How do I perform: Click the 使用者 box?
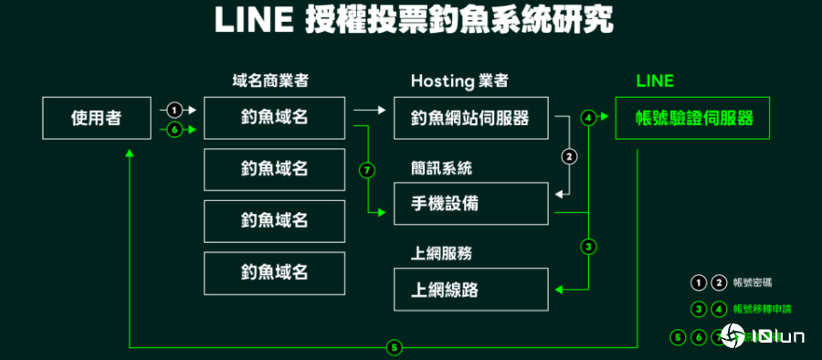97,117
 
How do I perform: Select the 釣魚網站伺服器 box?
470,117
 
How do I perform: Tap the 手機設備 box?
470,203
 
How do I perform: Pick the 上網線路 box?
470,290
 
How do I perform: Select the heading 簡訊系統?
441,168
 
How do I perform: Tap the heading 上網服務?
441,253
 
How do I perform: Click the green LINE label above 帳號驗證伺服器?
655,80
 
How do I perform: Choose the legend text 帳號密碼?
753,282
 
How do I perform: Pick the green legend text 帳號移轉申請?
759,309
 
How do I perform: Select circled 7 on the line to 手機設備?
367,170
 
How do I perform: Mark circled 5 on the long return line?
394,347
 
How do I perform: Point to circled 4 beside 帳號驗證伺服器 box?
588,117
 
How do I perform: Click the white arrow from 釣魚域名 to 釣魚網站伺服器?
369,110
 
